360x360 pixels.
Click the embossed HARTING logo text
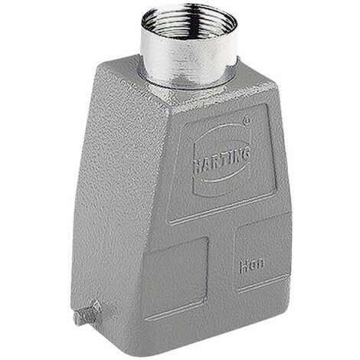coord(220,150)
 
